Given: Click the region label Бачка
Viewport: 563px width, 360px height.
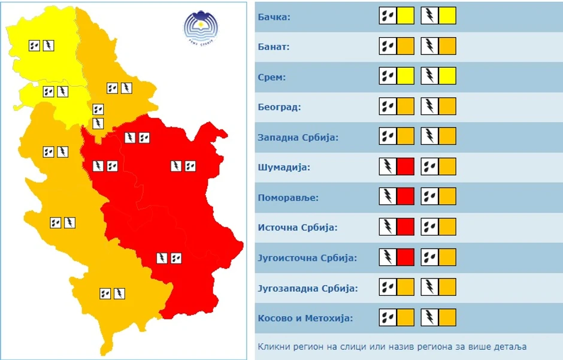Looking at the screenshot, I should click(x=274, y=16).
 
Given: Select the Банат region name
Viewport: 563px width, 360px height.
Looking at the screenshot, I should click(x=274, y=47).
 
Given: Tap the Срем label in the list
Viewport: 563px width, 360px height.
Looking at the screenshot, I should click(x=272, y=77).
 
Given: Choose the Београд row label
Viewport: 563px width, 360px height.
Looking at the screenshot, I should click(x=279, y=107).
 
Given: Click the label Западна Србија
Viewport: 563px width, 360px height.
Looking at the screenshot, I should click(x=298, y=137).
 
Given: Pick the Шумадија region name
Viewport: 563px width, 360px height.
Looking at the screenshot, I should click(x=284, y=167).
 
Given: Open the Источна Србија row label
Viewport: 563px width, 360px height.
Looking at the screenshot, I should click(x=298, y=228).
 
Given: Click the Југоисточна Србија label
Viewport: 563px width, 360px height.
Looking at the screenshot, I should click(x=307, y=258).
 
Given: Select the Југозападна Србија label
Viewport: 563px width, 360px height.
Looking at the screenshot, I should click(x=308, y=288).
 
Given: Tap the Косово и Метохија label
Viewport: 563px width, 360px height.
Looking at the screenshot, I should click(x=305, y=318).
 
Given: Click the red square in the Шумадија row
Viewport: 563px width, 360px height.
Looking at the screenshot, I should click(x=405, y=166).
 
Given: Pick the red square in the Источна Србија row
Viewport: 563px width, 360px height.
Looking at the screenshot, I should click(x=405, y=226).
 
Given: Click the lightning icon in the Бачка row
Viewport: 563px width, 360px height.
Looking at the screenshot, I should click(x=429, y=16).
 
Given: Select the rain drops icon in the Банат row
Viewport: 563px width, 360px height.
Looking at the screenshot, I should click(x=388, y=46).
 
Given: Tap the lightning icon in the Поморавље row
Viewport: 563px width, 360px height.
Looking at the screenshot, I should click(x=388, y=196).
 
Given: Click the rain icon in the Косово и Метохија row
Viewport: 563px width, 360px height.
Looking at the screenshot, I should click(x=388, y=317).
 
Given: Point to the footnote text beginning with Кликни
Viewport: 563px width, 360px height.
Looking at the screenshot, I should click(x=392, y=347).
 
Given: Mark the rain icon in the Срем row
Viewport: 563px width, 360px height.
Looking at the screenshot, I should click(x=388, y=76).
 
